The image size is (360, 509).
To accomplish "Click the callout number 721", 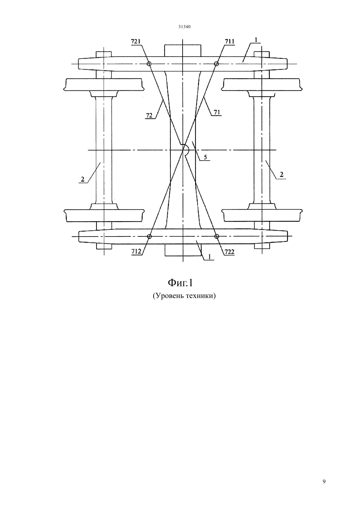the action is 136,41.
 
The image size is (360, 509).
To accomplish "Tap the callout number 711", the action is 229,41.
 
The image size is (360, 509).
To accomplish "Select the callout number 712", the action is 136,251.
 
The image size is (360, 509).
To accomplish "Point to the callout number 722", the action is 229,252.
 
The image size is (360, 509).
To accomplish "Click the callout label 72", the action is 149,115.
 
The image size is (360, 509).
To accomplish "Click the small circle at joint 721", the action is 149,64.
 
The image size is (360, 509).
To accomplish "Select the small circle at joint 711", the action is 216,64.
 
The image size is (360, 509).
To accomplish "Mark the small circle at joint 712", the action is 149,237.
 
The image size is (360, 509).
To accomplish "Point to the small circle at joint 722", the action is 217,236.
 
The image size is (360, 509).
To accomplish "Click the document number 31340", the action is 184,27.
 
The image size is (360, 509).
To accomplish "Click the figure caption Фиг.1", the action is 180,283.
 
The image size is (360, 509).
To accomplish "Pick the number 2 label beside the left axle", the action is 83,179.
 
